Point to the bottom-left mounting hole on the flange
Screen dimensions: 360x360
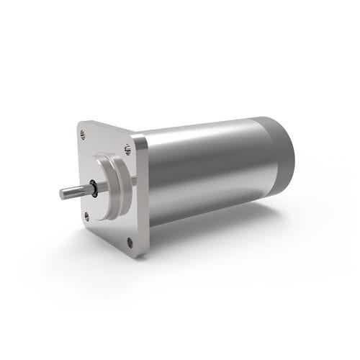(x=87, y=215)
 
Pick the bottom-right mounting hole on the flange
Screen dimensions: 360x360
(x=130, y=240)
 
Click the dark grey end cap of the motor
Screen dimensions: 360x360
(x=282, y=155)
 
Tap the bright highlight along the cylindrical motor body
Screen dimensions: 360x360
(x=209, y=144)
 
